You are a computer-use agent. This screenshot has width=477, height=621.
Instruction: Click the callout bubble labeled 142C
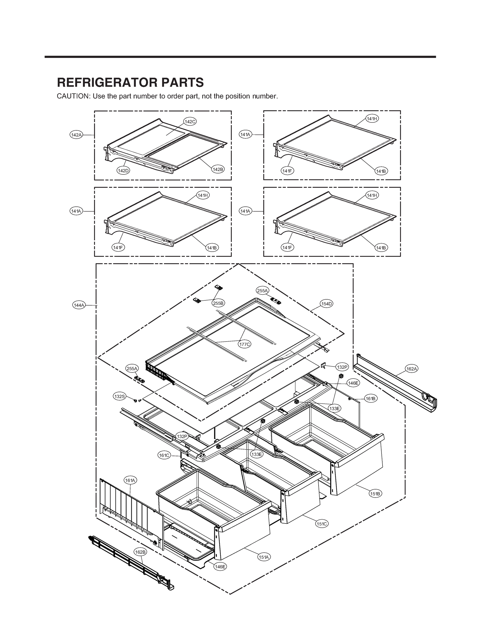[x=190, y=122]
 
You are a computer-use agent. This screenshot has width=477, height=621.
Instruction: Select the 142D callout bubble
[x=123, y=171]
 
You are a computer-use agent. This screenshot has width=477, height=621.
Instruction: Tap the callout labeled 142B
[x=218, y=169]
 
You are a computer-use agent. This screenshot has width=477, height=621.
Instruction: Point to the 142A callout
[x=76, y=135]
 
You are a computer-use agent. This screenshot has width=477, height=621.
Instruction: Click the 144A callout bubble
[x=79, y=305]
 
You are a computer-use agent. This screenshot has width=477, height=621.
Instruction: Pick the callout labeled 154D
[x=327, y=304]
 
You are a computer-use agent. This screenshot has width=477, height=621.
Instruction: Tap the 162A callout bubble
[x=412, y=369]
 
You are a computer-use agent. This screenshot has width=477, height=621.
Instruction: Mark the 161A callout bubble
[x=130, y=480]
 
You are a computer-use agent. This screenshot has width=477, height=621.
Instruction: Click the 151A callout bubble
[x=264, y=557]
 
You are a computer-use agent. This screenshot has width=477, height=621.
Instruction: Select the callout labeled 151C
[x=322, y=524]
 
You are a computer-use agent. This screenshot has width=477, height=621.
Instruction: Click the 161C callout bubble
[x=164, y=456]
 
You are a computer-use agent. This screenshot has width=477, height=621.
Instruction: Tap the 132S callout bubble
[x=119, y=396]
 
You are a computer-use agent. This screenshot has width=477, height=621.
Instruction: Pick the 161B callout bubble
[x=371, y=399]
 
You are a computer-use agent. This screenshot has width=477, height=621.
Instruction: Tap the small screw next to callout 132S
[x=136, y=401]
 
